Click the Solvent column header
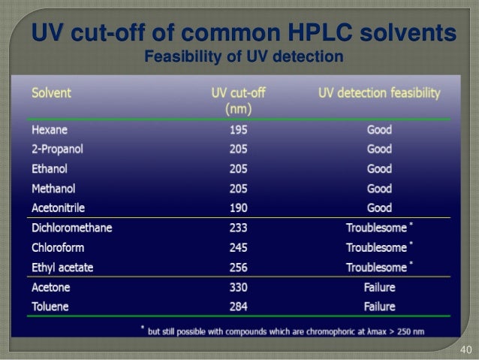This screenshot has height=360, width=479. click(x=51, y=93)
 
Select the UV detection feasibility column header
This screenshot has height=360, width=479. click(x=379, y=93)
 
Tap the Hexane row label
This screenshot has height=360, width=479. click(x=50, y=129)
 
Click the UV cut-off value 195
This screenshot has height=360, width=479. click(x=239, y=129)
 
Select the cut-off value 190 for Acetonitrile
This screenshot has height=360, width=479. click(x=239, y=207)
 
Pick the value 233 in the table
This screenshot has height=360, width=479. click(x=239, y=228)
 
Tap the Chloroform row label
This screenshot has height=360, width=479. click(x=57, y=247)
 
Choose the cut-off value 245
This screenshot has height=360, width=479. click(x=239, y=247)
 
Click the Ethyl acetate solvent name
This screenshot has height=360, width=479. click(x=61, y=267)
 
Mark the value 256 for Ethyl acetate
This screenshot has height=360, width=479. click(x=239, y=267)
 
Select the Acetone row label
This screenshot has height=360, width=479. click(x=50, y=287)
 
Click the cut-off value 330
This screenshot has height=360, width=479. click(x=239, y=287)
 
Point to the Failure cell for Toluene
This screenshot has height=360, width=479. click(x=379, y=307)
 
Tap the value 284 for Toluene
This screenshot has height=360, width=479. click(x=239, y=307)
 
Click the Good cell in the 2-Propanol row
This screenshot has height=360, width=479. click(x=379, y=149)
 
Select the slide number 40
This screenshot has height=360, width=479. click(x=464, y=349)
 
